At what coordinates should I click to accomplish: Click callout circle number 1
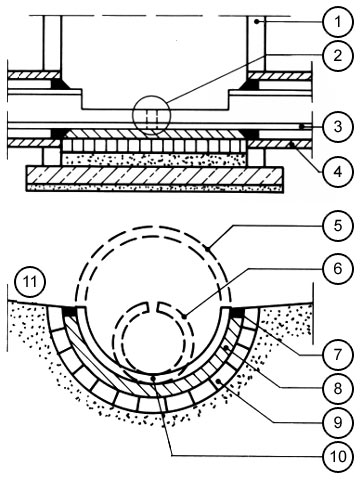click(338, 22)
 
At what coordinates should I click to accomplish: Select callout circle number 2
click(338, 55)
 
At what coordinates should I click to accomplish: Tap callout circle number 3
click(338, 127)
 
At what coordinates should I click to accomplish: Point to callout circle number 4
click(338, 172)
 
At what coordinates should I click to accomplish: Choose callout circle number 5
click(338, 225)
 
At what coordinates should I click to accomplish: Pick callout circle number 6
click(338, 268)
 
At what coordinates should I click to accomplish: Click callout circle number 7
click(338, 355)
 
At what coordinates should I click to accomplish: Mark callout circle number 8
click(338, 388)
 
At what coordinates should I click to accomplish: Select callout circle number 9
click(338, 422)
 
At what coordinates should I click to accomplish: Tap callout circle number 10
click(338, 456)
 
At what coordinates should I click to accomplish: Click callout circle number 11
click(30, 283)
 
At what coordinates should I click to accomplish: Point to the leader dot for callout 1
click(256, 22)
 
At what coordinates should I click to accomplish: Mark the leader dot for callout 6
click(185, 315)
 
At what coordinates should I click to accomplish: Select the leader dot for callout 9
click(218, 381)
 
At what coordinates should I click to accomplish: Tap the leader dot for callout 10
click(153, 378)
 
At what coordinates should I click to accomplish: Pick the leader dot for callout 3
click(301, 127)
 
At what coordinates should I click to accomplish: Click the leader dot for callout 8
click(227, 348)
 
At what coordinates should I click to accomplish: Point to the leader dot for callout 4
click(291, 144)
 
